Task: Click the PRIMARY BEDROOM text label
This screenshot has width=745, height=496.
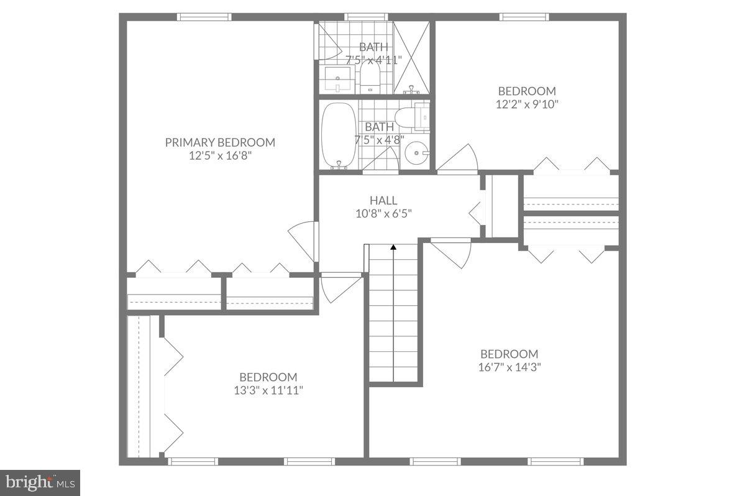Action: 220,142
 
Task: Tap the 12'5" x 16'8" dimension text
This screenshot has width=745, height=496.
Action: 220,156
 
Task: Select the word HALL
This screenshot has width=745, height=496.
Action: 383,200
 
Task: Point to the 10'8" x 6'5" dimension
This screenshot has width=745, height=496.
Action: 383,213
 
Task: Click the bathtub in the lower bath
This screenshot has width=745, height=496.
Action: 339,135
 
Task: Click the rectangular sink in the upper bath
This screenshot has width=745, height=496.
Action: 339,79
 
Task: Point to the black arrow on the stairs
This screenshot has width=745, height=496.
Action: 393,247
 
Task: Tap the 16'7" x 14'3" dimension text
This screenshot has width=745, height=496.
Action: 510,367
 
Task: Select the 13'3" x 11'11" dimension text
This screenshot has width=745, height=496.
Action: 268,390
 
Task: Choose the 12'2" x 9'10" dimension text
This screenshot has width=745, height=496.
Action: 527,104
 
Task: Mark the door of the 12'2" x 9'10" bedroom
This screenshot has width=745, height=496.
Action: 459,158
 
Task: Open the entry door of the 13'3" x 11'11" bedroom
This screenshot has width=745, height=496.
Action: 339,288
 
